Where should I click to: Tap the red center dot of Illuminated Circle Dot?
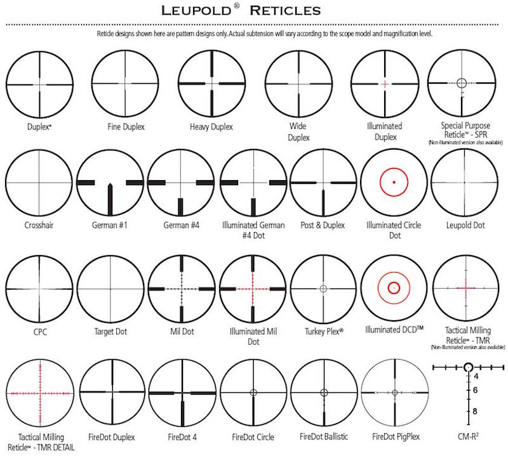pos(394,182)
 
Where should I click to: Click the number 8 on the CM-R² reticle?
pos(475,411)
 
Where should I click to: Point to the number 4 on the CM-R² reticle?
pos(475,376)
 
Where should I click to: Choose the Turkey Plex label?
pos(323,331)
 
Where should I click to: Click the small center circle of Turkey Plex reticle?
pos(323,288)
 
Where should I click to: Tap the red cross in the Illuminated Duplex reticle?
pos(384,84)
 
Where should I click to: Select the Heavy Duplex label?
pos(211,127)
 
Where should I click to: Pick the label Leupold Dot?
pos(465,225)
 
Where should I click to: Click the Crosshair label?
pos(38,225)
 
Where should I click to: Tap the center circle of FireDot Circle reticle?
pos(253,392)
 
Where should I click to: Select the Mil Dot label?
pos(182,331)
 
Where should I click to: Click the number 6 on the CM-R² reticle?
pos(475,391)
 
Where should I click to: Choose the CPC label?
pos(38,331)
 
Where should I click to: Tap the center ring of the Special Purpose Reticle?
pos(461,82)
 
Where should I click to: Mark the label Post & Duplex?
pos(323,225)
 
